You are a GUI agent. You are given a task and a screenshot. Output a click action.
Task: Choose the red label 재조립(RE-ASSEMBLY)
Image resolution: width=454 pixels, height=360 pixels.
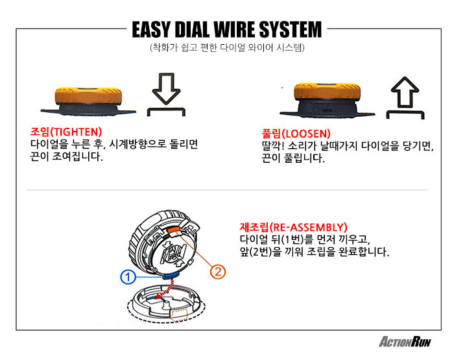tap(293, 227)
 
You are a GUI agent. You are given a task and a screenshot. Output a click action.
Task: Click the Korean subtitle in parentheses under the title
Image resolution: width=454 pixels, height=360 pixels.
tap(226, 48)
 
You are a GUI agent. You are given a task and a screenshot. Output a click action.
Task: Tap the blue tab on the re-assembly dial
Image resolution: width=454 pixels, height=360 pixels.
tap(170, 272)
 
